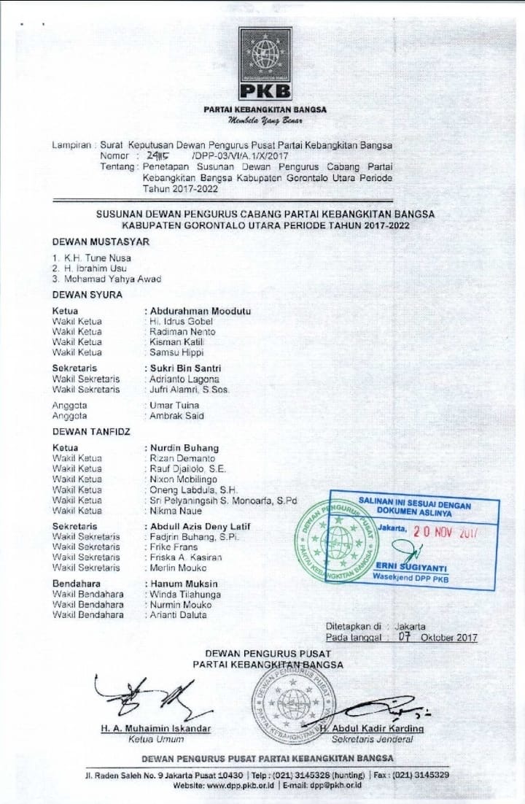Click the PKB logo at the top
264,64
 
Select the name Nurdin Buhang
184,447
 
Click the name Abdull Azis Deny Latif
201,525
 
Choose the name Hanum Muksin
184,584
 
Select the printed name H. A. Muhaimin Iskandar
156,728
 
